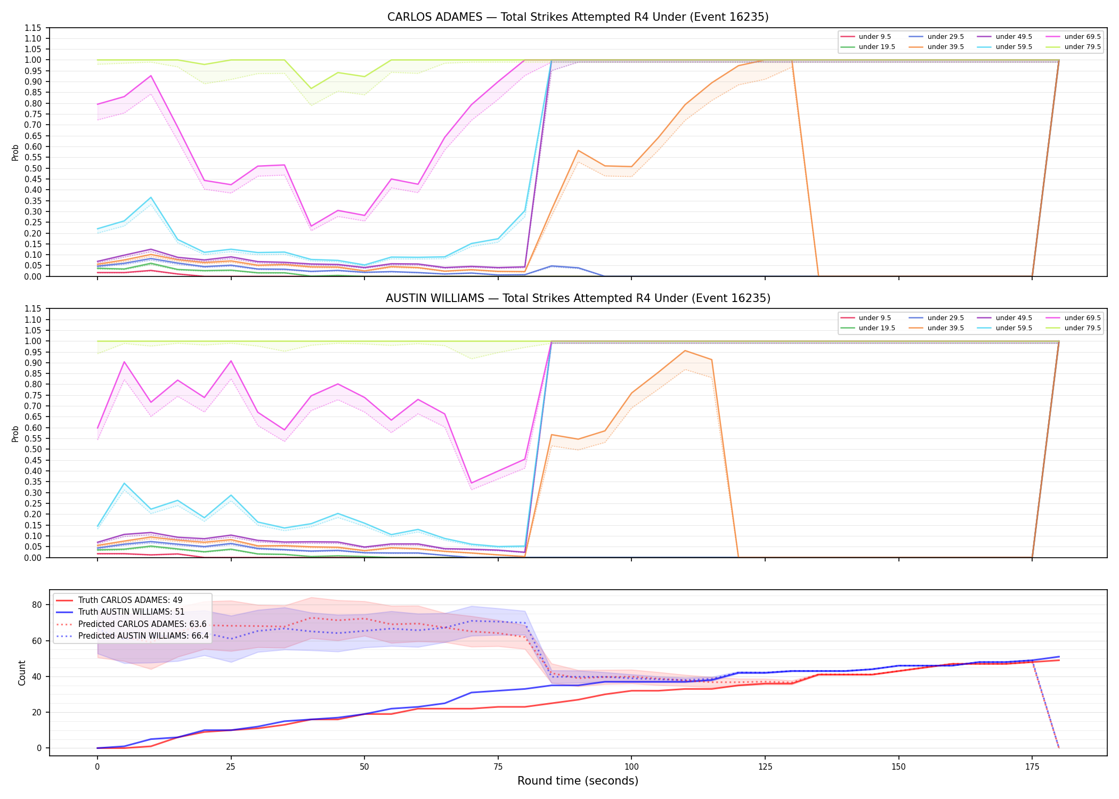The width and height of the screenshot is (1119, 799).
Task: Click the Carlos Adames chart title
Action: point(578,17)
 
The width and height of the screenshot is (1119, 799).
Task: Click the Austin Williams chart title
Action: point(578,298)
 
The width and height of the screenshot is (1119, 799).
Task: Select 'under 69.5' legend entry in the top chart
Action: point(1076,37)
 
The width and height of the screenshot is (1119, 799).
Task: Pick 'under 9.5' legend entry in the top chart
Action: point(866,37)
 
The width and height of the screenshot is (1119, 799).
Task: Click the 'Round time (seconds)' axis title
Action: point(578,781)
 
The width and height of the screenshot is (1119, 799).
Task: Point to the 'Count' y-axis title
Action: point(22,673)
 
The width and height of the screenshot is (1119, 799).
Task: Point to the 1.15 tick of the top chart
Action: point(33,28)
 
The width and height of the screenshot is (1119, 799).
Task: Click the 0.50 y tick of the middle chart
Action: point(33,449)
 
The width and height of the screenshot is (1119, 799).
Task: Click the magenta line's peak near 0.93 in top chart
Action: point(151,76)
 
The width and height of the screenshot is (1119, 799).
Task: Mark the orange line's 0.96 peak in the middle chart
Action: point(685,350)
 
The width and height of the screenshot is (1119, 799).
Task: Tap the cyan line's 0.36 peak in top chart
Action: point(151,198)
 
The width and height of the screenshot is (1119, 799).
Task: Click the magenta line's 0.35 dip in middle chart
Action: point(471,483)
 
